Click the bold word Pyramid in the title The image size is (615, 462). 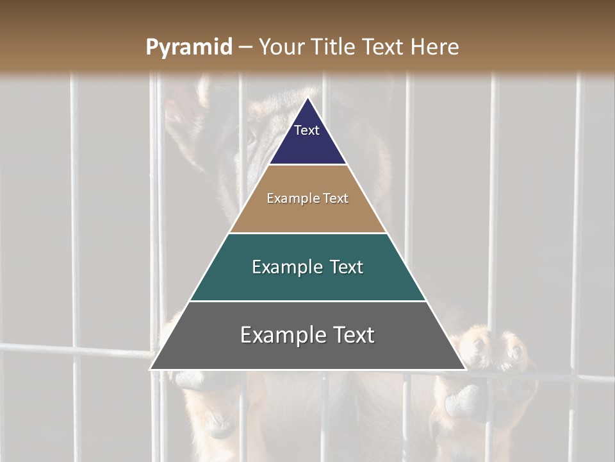tap(188, 47)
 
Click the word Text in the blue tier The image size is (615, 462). tap(306, 130)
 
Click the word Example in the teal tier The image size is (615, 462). tap(286, 267)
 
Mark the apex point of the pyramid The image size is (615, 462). tap(307, 98)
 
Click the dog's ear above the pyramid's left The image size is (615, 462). tap(192, 106)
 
